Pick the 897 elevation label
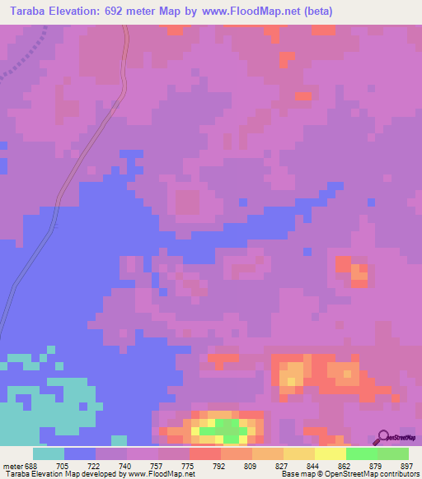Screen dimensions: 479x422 [x=406, y=465]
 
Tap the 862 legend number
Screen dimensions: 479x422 [x=345, y=465]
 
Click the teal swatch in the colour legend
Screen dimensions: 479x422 [x=49, y=453]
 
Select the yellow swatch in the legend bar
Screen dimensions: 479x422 [x=331, y=453]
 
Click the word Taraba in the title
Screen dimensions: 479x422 [x=24, y=11]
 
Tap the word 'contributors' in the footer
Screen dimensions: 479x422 [x=396, y=474]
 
